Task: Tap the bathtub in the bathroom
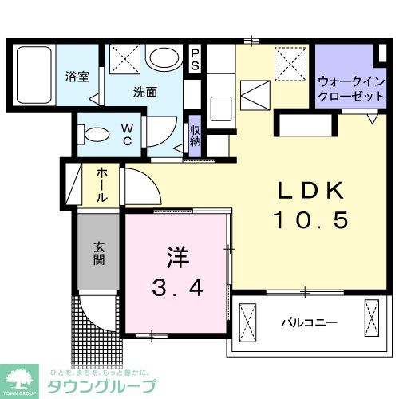[34, 74]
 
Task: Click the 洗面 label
[144, 91]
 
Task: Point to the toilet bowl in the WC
[96, 133]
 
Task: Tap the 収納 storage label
[195, 136]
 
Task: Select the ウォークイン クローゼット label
[345, 87]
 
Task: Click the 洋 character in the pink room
[176, 257]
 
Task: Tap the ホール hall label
[103, 184]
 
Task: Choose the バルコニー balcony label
[308, 323]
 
